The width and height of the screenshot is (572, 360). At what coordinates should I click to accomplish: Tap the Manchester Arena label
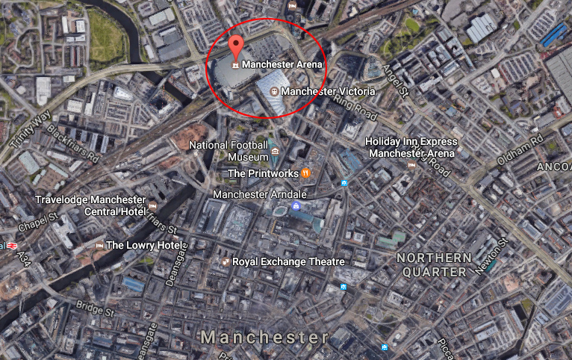click(282, 64)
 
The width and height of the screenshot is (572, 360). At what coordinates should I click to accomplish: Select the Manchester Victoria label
click(328, 91)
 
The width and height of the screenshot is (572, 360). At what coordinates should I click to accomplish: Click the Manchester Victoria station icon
click(273, 90)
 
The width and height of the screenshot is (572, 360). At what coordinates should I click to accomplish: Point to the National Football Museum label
click(229, 151)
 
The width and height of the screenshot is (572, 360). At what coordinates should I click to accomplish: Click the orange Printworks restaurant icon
click(305, 173)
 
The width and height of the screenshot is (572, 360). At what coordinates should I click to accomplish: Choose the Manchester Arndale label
click(250, 194)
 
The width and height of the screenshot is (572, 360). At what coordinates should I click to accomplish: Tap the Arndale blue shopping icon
click(296, 206)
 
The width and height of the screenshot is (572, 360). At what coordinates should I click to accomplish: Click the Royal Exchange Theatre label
click(288, 262)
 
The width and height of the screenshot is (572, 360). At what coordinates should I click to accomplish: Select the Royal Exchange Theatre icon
click(225, 262)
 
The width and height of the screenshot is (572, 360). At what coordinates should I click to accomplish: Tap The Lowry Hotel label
click(143, 245)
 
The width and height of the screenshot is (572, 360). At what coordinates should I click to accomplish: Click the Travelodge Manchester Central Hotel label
click(90, 205)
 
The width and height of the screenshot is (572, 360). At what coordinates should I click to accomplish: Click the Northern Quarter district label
click(434, 264)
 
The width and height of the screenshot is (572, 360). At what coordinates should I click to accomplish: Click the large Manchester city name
click(264, 338)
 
